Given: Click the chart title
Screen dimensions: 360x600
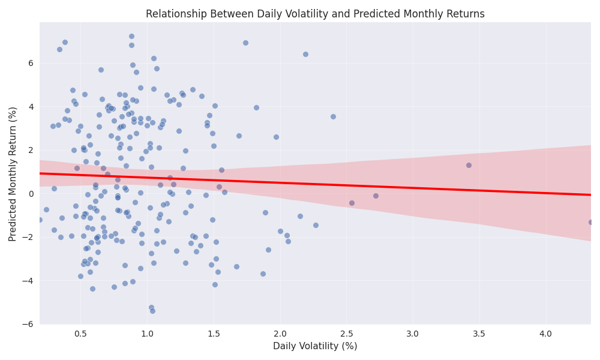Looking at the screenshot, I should [315, 14].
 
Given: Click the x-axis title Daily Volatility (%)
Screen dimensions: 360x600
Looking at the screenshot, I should [315, 346].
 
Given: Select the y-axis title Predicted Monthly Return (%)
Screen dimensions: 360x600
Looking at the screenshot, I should [13, 173].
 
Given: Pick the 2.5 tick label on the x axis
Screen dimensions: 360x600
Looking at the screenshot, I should [346, 332].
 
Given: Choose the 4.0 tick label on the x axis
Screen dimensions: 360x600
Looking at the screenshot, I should [545, 332].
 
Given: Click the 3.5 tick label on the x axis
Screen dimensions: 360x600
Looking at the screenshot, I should [479, 332].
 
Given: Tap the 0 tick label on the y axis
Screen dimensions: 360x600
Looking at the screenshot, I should [31, 193].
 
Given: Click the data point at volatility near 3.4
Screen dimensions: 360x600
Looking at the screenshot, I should [469, 165].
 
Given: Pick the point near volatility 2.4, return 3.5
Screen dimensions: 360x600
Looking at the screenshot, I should [333, 116].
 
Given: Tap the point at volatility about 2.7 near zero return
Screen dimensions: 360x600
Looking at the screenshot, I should [376, 196].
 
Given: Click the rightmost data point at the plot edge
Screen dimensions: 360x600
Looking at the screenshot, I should [590, 222].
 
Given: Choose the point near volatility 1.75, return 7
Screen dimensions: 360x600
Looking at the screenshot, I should [245, 43].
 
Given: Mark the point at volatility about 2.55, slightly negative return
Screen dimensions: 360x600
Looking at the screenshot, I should [352, 203].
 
